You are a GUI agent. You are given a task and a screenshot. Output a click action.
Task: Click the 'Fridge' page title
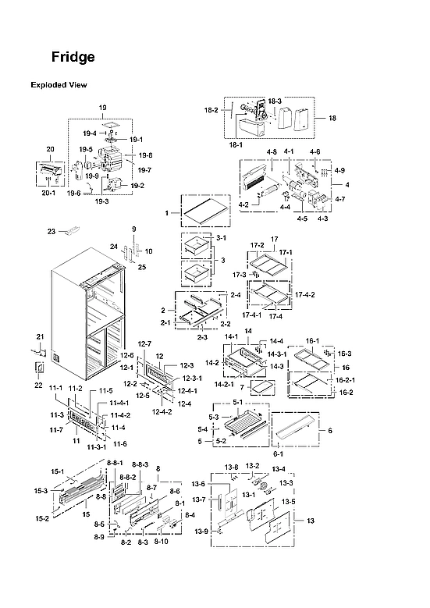73,57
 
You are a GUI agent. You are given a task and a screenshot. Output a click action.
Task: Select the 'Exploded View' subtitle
59,85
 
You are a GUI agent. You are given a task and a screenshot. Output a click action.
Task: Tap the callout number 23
52,231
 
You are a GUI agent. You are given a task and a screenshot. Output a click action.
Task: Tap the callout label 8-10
162,542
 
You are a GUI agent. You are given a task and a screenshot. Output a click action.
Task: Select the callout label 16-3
344,354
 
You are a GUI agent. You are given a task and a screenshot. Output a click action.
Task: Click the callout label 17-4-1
251,315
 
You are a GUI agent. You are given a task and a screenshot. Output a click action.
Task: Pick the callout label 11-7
55,430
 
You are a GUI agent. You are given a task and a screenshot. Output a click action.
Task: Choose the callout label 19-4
89,133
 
